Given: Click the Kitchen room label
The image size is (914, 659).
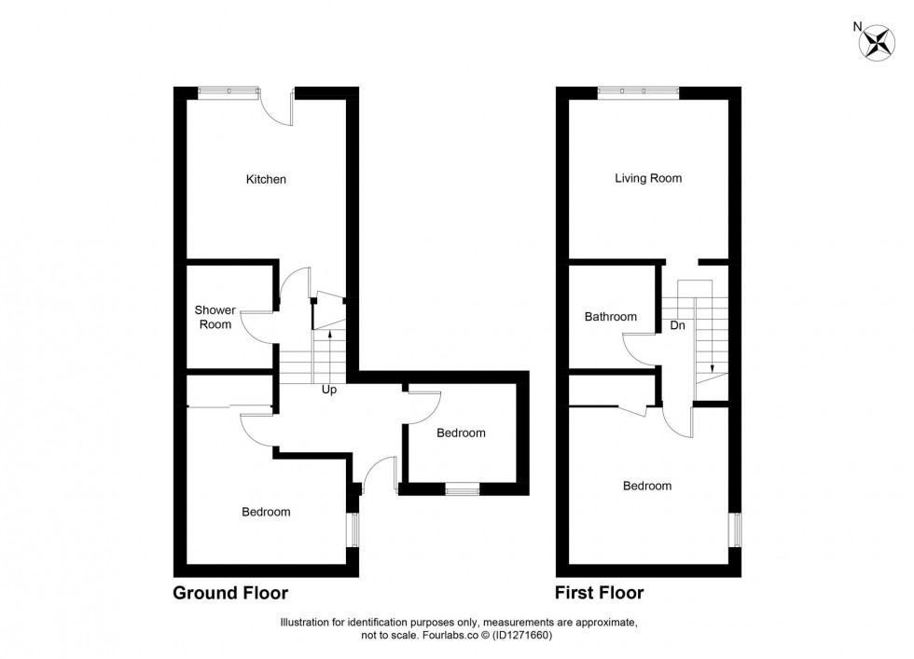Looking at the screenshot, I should pyautogui.click(x=266, y=179).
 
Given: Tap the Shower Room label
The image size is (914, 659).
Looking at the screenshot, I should pyautogui.click(x=213, y=317).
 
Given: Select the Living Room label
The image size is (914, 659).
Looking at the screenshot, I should pyautogui.click(x=647, y=178).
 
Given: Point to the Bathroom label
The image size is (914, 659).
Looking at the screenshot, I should pyautogui.click(x=610, y=317).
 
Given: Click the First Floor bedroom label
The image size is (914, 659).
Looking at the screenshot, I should pyautogui.click(x=646, y=486).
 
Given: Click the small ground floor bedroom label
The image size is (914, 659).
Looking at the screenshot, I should pyautogui.click(x=461, y=432).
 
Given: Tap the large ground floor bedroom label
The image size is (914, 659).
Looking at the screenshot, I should pyautogui.click(x=266, y=512).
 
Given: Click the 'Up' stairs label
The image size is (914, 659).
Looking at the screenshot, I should pyautogui.click(x=328, y=390).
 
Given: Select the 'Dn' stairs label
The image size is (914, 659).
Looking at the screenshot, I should pyautogui.click(x=678, y=326).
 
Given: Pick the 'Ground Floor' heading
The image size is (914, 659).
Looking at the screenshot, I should pyautogui.click(x=230, y=593).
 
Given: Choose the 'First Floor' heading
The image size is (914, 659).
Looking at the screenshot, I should pyautogui.click(x=599, y=593).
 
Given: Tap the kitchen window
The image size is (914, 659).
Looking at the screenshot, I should pyautogui.click(x=228, y=90).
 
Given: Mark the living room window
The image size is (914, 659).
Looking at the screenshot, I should pyautogui.click(x=638, y=90).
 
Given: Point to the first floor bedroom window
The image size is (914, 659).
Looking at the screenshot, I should pyautogui.click(x=735, y=529).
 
